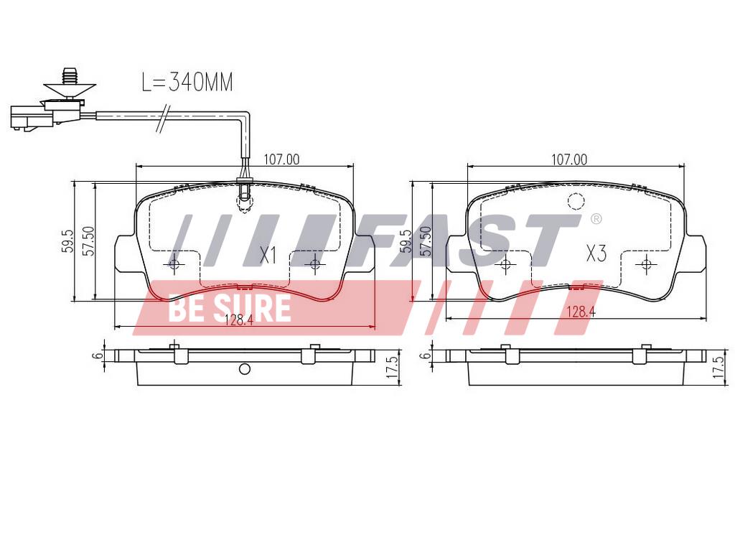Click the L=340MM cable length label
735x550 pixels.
coord(187,82)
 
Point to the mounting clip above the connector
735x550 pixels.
coord(70,84)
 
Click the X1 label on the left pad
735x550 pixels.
coord(268,256)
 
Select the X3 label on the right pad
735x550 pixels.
coord(596,253)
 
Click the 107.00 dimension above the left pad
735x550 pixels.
coord(281,159)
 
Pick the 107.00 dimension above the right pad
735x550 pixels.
coord(569,159)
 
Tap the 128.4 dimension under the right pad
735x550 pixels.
coord(581,312)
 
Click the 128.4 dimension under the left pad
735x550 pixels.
coord(239,320)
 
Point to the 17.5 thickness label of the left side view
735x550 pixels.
coord(393,367)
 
